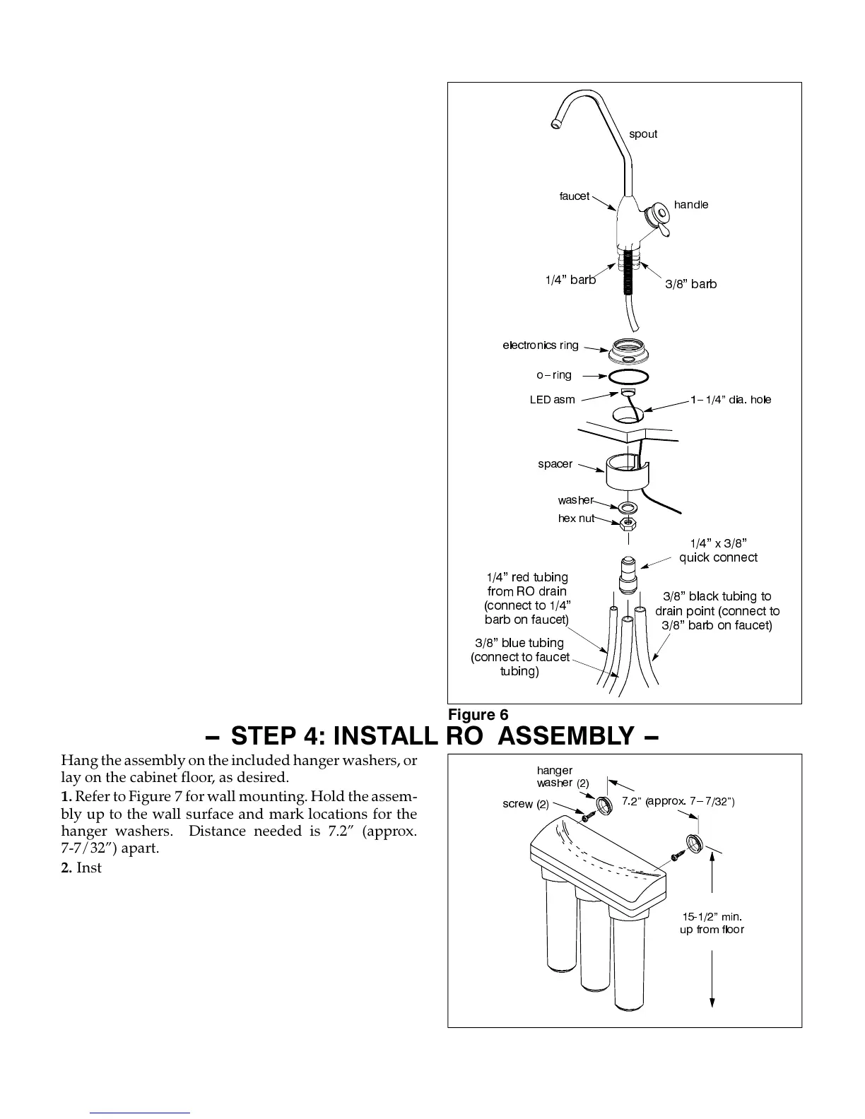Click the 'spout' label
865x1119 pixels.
[643, 134]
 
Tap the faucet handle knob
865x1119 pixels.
[661, 211]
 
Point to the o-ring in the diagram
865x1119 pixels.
[627, 376]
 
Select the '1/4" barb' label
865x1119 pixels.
[570, 280]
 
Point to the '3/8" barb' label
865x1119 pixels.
[690, 284]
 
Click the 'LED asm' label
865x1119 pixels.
[552, 400]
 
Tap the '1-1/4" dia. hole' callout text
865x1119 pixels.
[731, 400]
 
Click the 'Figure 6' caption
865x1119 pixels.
[478, 714]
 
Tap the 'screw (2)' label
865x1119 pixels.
[526, 804]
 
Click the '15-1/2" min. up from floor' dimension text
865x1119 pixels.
[712, 923]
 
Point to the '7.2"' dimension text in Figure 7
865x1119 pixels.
[632, 801]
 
